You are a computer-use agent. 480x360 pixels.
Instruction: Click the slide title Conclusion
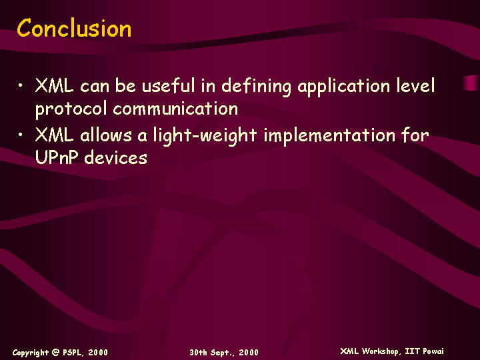74,28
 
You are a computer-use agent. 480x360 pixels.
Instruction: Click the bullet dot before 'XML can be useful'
20,85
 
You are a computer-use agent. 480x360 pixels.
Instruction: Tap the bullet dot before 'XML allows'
20,135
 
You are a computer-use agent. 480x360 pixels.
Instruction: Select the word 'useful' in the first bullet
168,85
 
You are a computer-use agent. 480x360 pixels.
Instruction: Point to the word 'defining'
256,87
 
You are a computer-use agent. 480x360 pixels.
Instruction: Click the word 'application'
343,87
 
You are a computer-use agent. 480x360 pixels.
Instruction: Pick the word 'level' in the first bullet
415,85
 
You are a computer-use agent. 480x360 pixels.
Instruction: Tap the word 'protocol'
71,109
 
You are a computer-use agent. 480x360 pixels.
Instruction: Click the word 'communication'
175,108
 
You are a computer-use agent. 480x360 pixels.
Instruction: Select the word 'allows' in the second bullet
106,135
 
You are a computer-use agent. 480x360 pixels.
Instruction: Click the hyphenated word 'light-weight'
205,136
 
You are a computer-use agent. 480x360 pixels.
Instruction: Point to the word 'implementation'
330,136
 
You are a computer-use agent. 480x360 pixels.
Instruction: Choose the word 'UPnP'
56,157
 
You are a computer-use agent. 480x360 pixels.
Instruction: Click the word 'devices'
116,157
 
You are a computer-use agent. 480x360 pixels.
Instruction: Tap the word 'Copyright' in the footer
30,353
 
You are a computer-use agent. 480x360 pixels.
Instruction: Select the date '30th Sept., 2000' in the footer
224,353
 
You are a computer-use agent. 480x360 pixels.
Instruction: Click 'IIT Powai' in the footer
424,351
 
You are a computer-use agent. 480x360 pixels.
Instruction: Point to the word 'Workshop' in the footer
381,351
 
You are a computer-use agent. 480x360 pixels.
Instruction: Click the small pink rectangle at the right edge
471,83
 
